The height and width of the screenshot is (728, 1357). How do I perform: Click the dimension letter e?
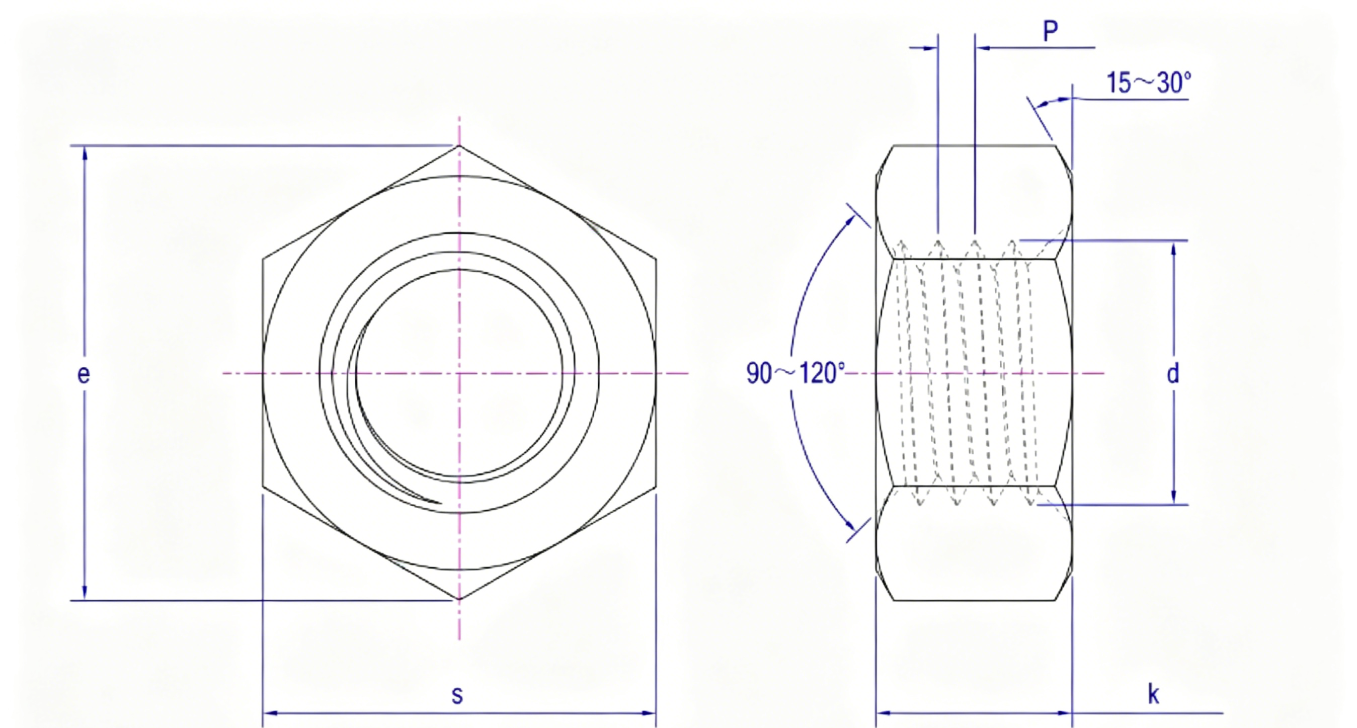point(83,374)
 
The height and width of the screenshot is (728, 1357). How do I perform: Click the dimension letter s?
point(457,695)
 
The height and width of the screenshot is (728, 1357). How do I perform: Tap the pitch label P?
point(1051,32)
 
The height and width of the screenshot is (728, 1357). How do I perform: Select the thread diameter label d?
point(1173,373)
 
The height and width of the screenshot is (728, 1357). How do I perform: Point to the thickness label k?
point(1154,694)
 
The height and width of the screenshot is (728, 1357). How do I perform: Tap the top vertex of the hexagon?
point(459,145)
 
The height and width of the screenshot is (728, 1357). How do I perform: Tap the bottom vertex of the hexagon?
point(459,600)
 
